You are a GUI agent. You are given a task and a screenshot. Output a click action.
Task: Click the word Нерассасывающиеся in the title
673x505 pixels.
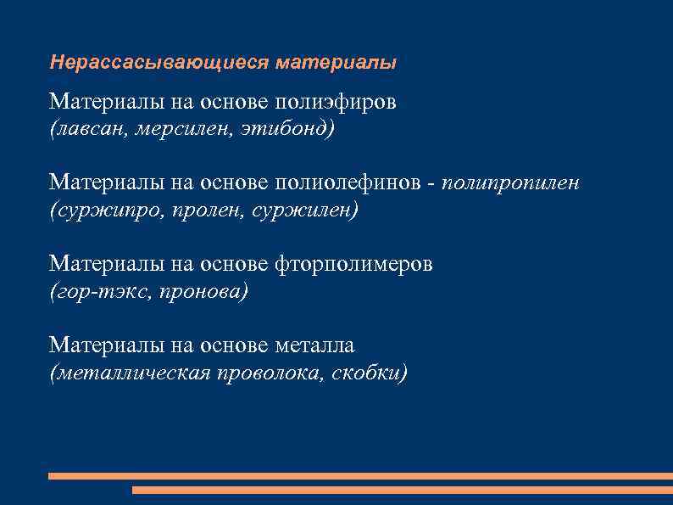click(x=159, y=63)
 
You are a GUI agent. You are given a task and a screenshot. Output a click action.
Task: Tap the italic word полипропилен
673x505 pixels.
click(x=511, y=183)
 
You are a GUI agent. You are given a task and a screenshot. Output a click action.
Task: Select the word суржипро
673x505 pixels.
click(x=103, y=209)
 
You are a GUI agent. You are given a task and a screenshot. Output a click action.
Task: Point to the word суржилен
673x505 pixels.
click(x=304, y=209)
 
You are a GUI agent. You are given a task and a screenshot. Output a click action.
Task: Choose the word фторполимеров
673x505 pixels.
click(x=353, y=265)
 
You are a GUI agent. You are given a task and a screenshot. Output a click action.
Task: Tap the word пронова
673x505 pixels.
click(x=205, y=290)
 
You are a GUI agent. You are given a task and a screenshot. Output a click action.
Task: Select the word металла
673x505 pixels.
click(x=314, y=346)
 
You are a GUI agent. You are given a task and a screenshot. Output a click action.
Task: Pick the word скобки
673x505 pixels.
click(x=370, y=372)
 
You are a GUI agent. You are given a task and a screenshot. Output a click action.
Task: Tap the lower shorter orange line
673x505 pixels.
click(x=403, y=490)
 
